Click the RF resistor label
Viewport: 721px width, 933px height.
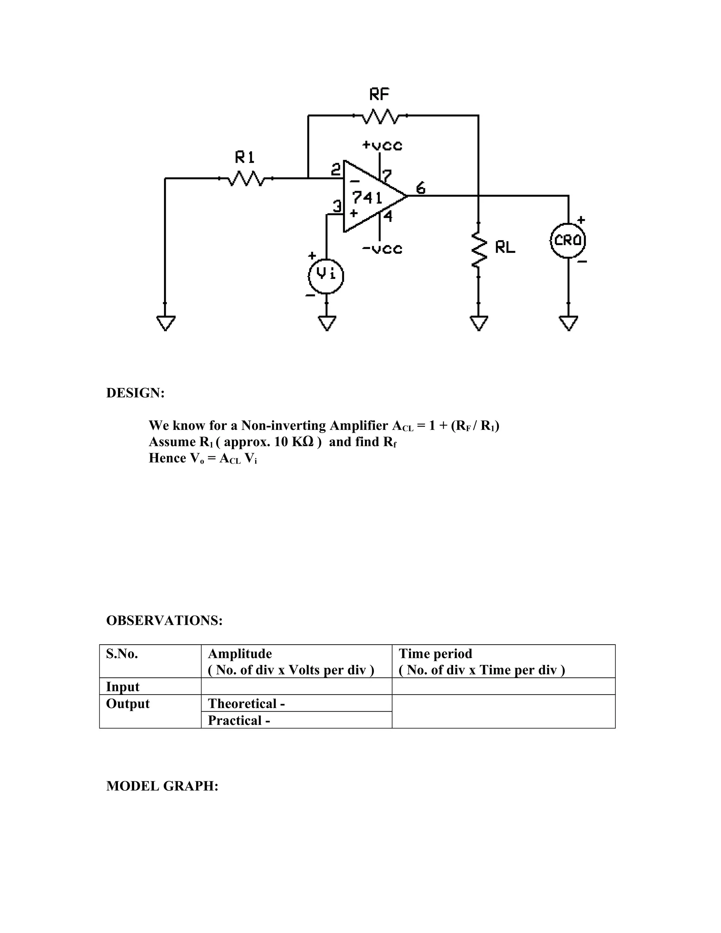[379, 94]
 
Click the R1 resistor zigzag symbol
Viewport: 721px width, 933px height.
[246, 178]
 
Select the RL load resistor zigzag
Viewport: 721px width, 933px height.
[479, 250]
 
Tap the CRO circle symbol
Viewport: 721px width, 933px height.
[568, 241]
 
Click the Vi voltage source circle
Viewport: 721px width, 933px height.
[326, 276]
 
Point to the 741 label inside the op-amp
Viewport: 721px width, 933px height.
[366, 198]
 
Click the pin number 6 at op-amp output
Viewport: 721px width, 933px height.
[421, 188]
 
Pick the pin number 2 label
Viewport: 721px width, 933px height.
[336, 170]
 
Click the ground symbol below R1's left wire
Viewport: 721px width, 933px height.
[165, 323]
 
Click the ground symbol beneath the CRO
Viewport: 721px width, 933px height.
[568, 323]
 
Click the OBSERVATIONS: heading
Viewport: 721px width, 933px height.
[164, 620]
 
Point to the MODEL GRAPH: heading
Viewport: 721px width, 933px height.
[162, 786]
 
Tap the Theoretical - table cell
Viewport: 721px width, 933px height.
[246, 703]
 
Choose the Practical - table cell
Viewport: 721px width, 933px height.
[239, 720]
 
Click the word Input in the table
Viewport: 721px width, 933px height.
[123, 687]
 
